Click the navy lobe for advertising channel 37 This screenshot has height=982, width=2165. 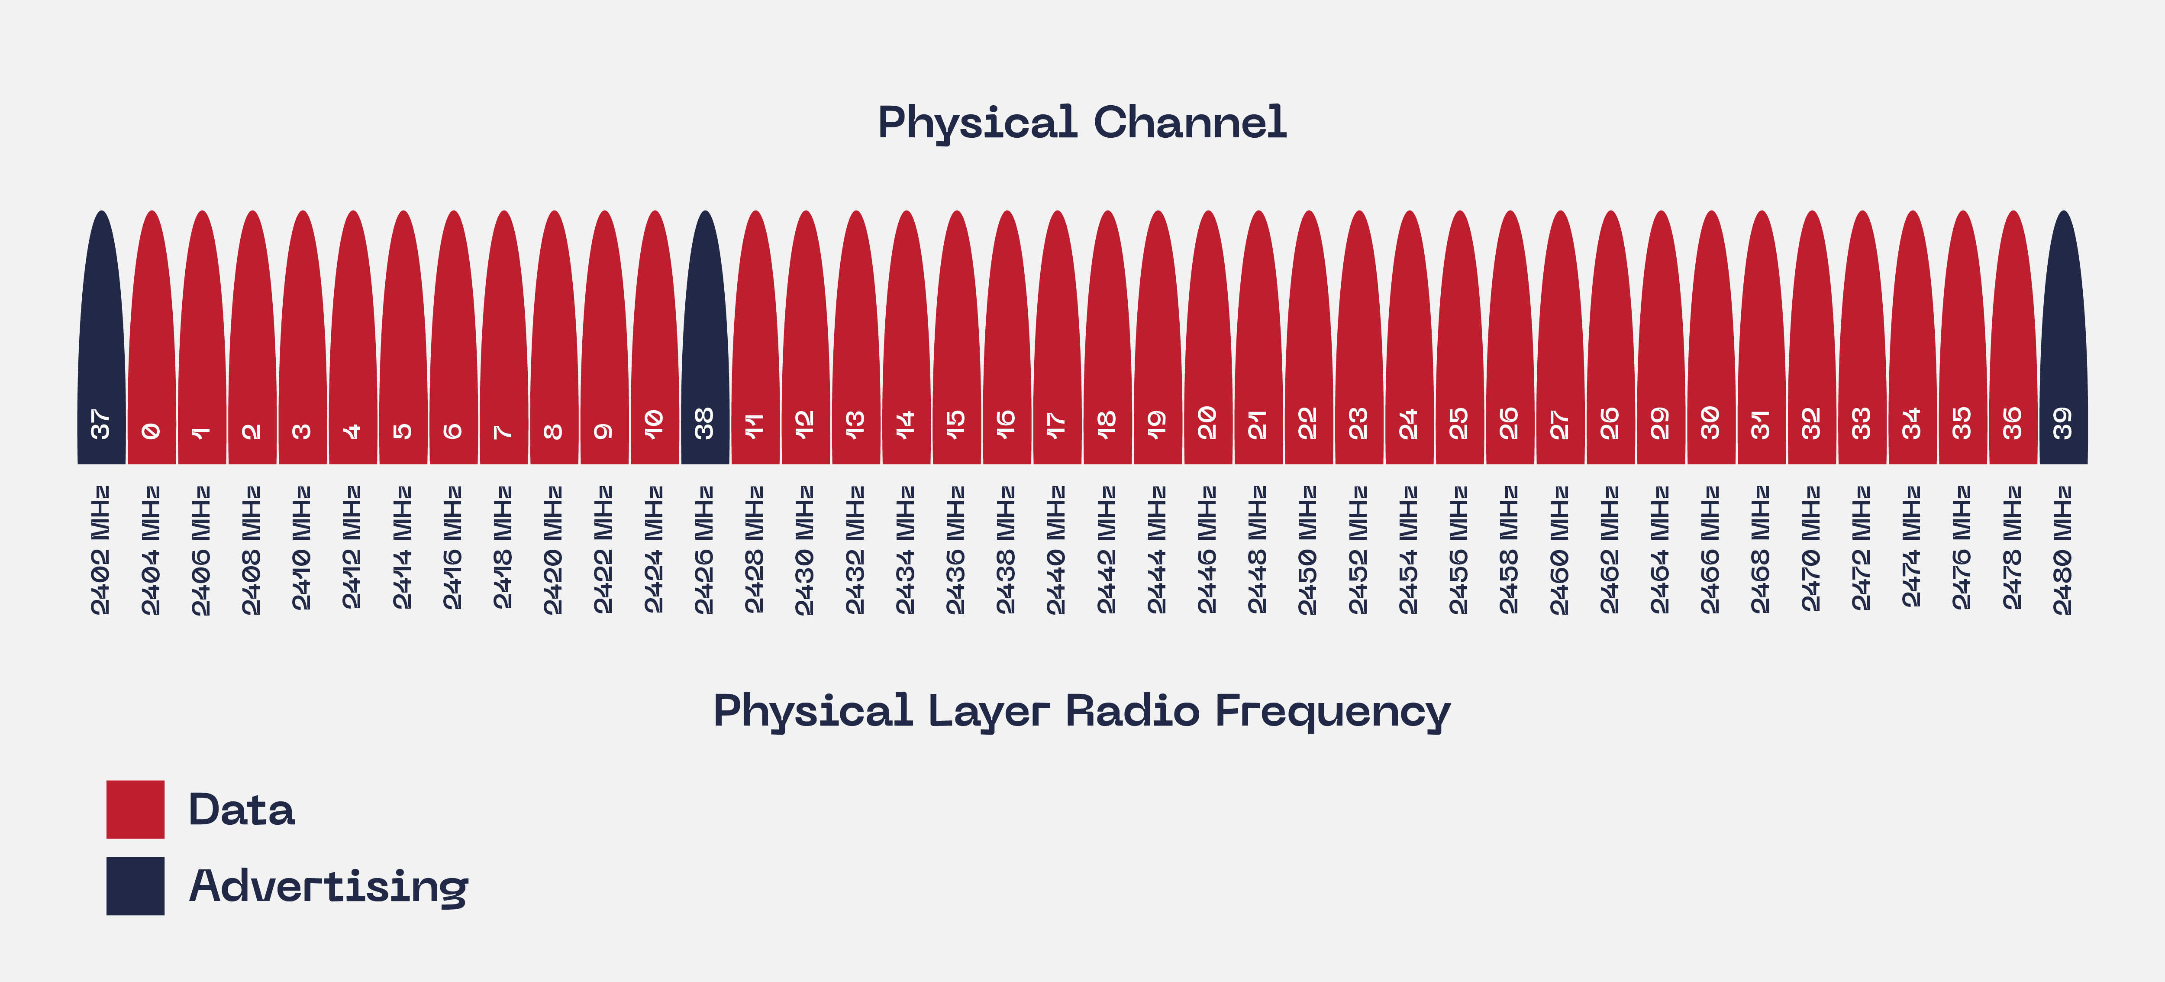tap(102, 336)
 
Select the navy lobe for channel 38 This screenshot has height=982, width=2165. tap(705, 336)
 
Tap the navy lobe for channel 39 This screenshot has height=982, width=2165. tap(2063, 336)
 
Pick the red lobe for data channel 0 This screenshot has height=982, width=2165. tap(152, 336)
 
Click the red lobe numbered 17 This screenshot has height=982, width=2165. tap(1057, 336)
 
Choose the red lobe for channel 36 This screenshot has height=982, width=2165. tap(2013, 336)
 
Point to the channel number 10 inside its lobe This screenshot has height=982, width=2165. tap(654, 424)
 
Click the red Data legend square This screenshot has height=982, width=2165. tap(136, 809)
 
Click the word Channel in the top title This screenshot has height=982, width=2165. tap(1190, 123)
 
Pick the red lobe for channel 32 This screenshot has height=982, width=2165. tap(1812, 336)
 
